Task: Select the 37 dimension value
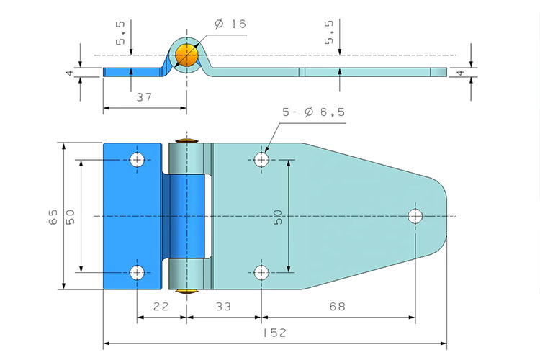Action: [x=145, y=96]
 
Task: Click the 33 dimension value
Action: [x=223, y=307]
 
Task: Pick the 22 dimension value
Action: [x=161, y=307]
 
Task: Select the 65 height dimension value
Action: [x=53, y=217]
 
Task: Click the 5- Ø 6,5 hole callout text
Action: [x=313, y=112]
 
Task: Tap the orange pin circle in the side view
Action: [x=186, y=56]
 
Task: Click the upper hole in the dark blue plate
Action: [x=137, y=160]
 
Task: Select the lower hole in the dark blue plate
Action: [x=137, y=271]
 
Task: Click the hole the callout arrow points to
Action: [x=261, y=159]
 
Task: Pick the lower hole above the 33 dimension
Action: [x=261, y=271]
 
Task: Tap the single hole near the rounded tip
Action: [x=415, y=215]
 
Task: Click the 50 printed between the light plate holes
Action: [x=277, y=217]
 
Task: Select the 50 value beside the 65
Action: [x=71, y=217]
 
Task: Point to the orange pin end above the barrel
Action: [x=186, y=139]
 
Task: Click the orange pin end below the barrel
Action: [x=186, y=292]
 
